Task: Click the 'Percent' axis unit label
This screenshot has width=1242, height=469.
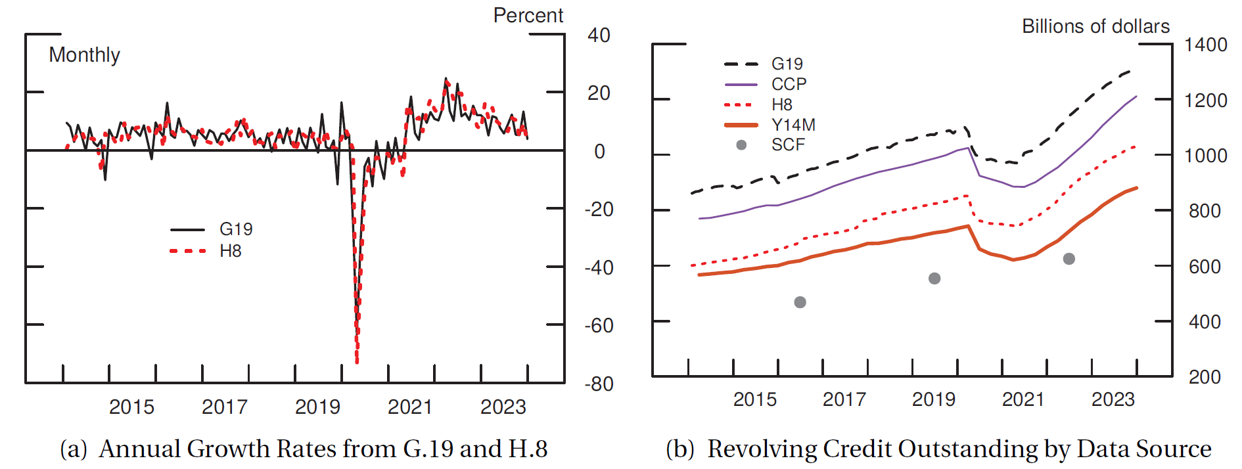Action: point(528,15)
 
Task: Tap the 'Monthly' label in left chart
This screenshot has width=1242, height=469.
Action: point(84,55)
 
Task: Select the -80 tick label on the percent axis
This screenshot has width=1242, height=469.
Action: point(599,384)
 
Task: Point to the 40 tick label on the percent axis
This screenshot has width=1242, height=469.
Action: point(599,35)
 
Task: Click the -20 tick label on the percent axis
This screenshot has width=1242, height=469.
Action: point(599,210)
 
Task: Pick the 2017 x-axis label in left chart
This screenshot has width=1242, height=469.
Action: point(224,407)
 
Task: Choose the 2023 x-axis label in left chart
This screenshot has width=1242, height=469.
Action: point(503,407)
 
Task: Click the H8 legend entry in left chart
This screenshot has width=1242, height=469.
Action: point(230,251)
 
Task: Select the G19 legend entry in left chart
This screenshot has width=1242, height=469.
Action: point(235,229)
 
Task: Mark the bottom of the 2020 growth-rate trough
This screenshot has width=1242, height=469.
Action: point(357,361)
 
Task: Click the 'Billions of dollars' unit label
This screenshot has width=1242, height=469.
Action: point(1095,26)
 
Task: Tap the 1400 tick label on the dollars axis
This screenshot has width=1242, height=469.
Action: point(1205,45)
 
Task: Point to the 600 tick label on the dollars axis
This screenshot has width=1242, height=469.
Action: point(1205,267)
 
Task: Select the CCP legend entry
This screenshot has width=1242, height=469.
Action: point(789,84)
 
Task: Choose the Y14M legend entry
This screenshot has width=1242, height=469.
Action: point(793,125)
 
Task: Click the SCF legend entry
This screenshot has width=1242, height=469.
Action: point(788,145)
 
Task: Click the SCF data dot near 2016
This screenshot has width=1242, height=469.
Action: point(800,302)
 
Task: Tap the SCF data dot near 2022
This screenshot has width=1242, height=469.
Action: point(1069,259)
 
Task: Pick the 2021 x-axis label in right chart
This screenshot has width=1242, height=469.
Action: point(1023,399)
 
